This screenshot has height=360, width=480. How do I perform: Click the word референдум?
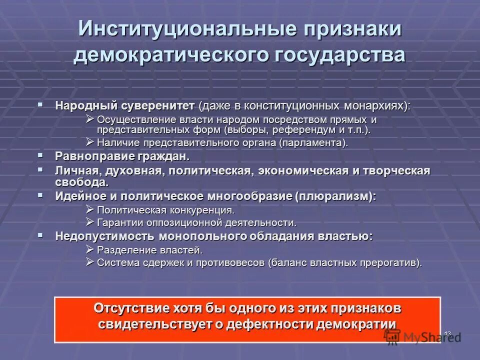(x=307, y=130)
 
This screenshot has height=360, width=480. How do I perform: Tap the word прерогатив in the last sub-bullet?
(x=391, y=262)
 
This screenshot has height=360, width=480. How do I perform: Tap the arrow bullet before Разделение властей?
(x=89, y=249)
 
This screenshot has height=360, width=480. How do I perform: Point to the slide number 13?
(x=447, y=333)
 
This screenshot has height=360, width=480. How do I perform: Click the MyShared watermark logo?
(x=422, y=337)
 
